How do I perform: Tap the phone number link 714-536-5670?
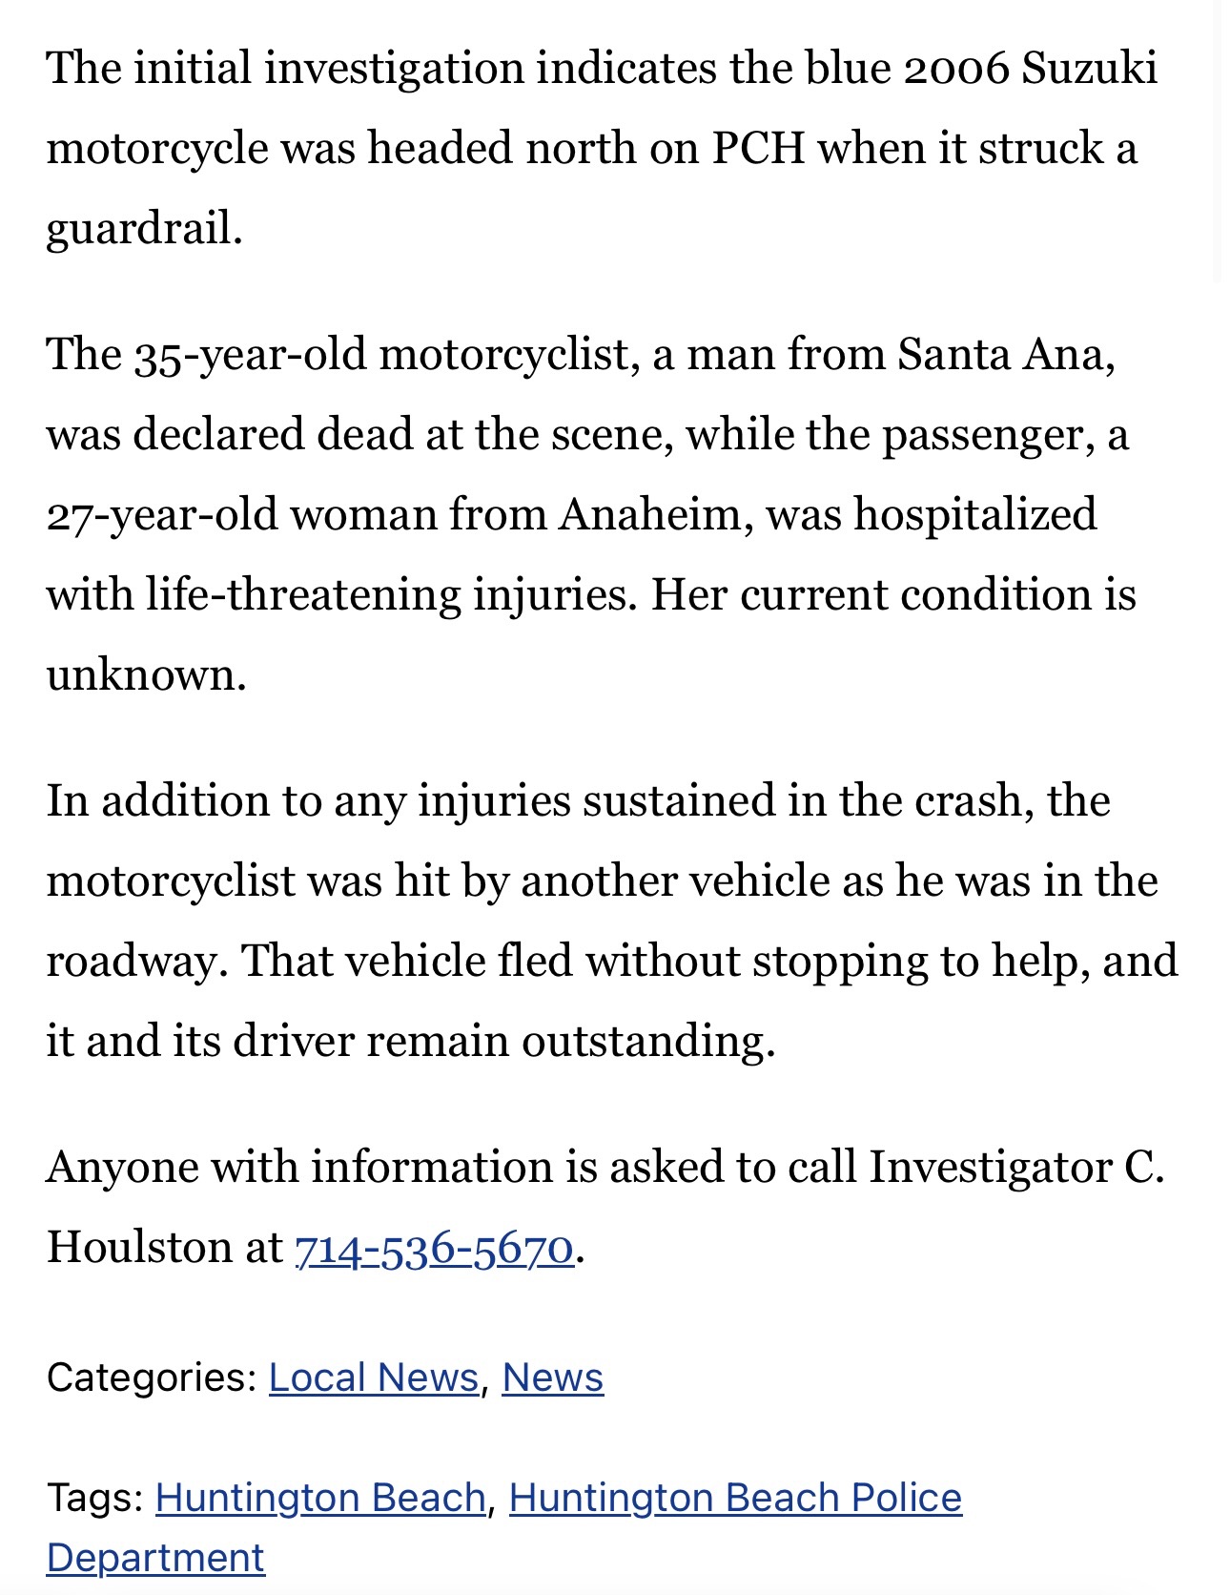pos(434,1247)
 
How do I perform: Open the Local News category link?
pos(373,1377)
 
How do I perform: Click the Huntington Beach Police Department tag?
pos(735,1498)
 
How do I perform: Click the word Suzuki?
pos(1089,69)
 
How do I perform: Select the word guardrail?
pos(143,229)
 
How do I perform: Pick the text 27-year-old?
pos(161,515)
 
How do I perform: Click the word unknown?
pos(146,675)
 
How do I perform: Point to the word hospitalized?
pos(974,515)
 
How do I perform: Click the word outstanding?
pos(647,1041)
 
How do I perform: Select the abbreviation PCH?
pos(758,149)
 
